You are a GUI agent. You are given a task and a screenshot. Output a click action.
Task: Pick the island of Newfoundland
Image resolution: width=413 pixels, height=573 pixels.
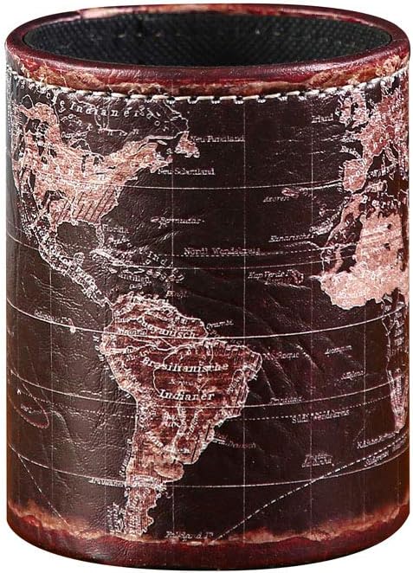click(184, 144)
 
